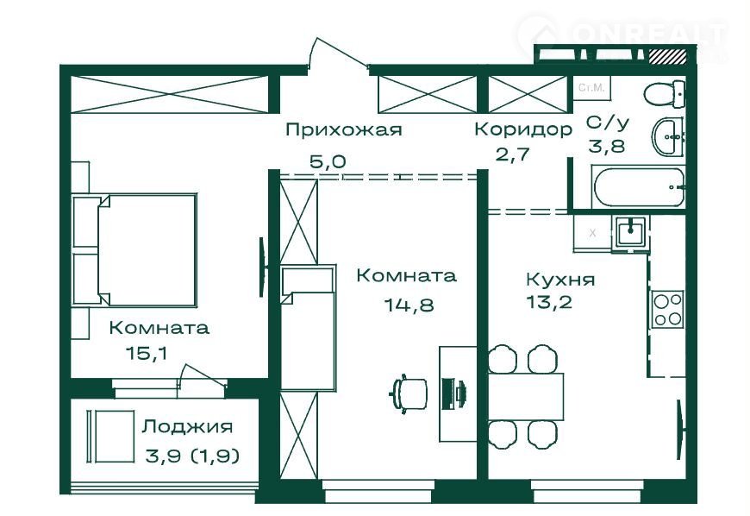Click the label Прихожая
344,130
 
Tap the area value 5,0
328,161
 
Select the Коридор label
522,130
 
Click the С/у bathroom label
607,123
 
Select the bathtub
639,184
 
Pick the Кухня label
560,280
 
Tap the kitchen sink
631,230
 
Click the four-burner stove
668,309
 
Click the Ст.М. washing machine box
590,88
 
